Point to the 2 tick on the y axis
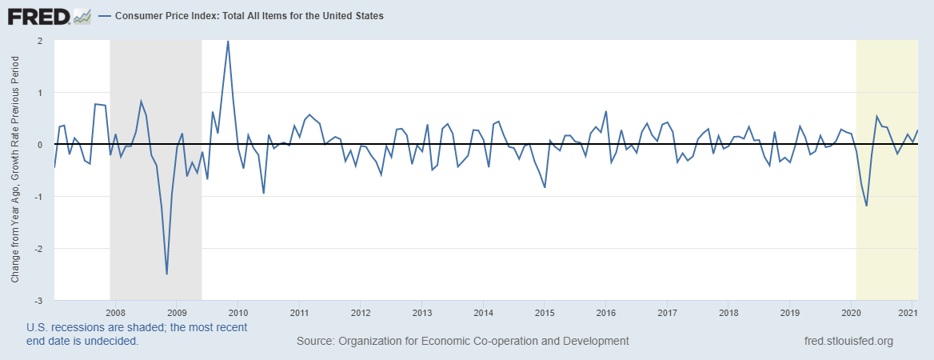coord(38,41)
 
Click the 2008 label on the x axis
coord(115,312)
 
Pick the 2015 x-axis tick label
coord(544,312)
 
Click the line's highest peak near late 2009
coord(228,41)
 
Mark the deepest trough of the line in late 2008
coord(166,274)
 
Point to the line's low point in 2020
coord(866,206)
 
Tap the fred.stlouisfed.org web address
coord(848,341)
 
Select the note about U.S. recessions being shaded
coord(136,334)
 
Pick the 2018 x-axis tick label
coord(728,312)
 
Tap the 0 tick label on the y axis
coord(38,145)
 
